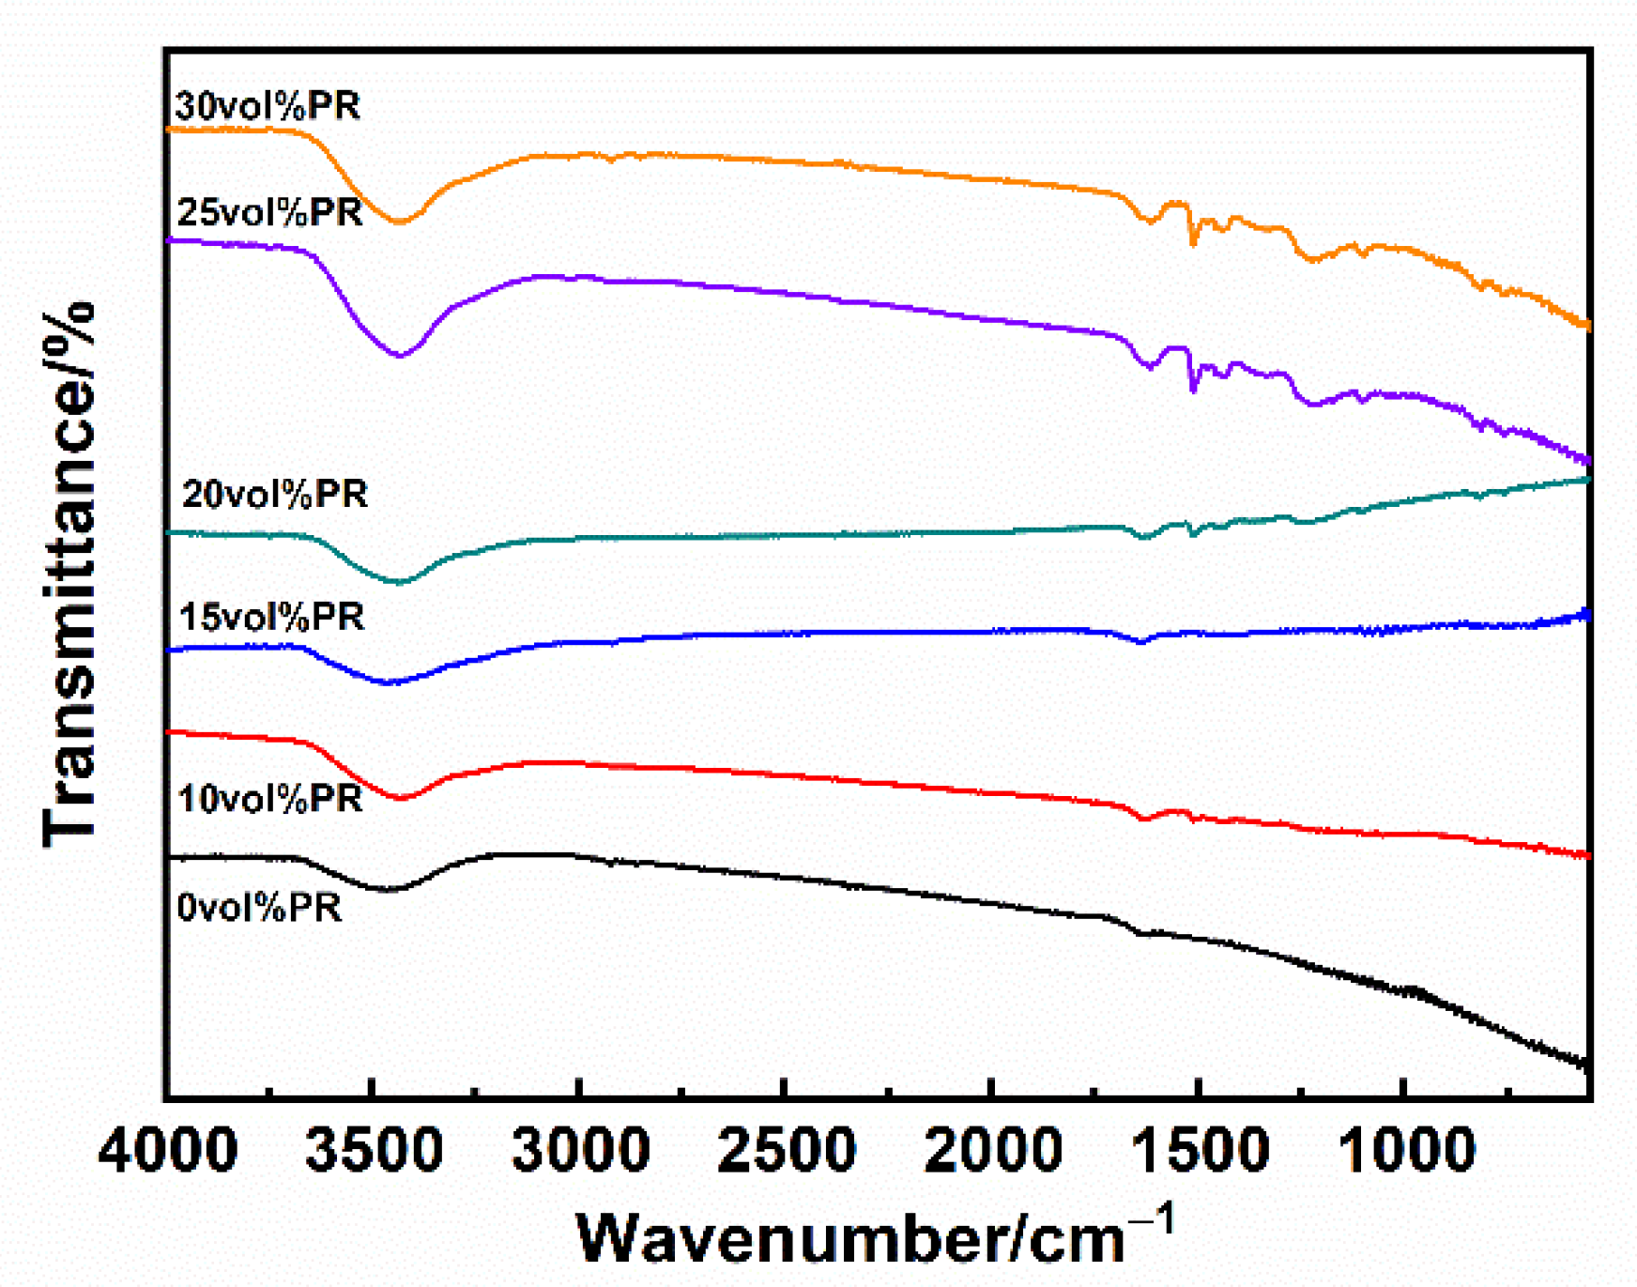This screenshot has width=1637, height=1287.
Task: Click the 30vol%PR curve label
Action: click(x=268, y=106)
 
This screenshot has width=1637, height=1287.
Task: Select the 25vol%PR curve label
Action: click(x=269, y=213)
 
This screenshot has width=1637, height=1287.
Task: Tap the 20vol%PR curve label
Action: click(x=274, y=494)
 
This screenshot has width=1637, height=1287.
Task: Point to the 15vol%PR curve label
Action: click(x=271, y=617)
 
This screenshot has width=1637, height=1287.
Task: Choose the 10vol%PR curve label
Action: click(x=269, y=799)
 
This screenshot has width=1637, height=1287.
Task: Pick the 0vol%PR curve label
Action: click(x=259, y=908)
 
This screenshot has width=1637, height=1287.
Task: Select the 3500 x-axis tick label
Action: click(x=374, y=1151)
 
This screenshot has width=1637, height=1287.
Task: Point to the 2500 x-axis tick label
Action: click(x=787, y=1151)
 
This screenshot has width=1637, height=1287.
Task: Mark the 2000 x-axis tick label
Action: click(x=993, y=1151)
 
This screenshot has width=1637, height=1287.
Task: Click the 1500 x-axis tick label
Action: click(x=1200, y=1151)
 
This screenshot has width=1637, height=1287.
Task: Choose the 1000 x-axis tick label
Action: click(x=1405, y=1151)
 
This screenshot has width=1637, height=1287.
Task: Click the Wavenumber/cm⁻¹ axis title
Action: click(x=873, y=1237)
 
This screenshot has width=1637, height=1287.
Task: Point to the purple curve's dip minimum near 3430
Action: click(x=400, y=356)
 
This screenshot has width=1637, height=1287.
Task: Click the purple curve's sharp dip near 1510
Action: click(x=1193, y=389)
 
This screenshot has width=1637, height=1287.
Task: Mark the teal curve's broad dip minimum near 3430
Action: click(x=400, y=583)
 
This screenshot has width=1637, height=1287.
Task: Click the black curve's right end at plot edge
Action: click(x=1586, y=1065)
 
